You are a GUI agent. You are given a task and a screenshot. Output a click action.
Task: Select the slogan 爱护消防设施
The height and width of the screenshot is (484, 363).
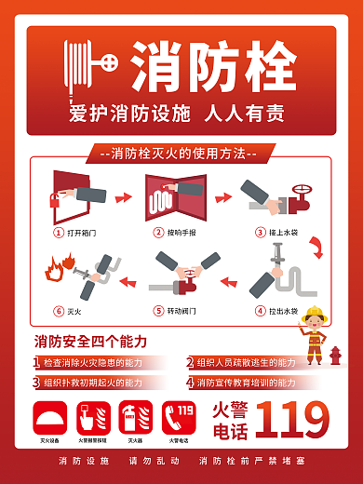[129, 114]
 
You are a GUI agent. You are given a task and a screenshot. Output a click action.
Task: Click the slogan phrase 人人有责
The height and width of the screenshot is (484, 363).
[244, 114]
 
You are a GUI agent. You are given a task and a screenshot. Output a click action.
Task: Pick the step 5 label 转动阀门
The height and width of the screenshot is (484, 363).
[181, 310]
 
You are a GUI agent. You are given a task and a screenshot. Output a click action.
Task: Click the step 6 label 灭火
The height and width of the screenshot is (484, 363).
[74, 310]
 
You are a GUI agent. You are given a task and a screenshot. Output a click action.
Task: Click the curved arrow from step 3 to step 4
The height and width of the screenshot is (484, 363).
[316, 247]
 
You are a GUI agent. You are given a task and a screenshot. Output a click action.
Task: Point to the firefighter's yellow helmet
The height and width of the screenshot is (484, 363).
[315, 313]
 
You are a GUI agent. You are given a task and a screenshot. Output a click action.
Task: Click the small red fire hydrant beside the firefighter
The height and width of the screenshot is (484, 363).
[336, 356]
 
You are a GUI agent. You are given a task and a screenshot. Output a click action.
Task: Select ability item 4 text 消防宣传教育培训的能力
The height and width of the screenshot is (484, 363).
[247, 382]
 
